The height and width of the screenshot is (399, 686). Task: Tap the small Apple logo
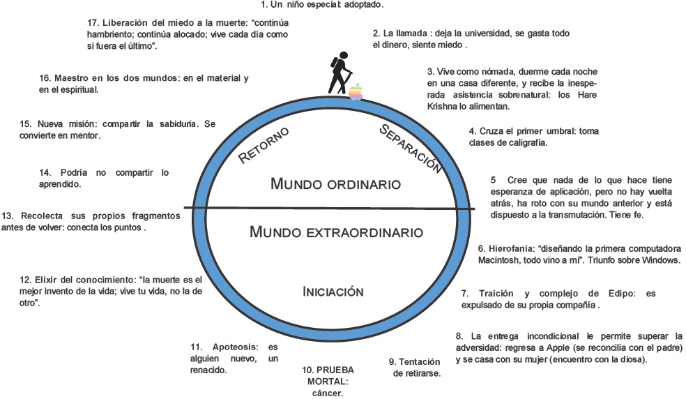(x=356, y=91)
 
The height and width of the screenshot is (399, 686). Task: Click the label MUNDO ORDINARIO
(x=335, y=185)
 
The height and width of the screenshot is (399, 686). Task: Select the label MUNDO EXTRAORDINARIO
(x=335, y=232)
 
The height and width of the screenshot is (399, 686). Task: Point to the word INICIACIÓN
(x=333, y=292)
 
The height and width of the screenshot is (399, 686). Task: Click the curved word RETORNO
(x=264, y=145)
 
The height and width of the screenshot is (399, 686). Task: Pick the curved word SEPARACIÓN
(x=412, y=147)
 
